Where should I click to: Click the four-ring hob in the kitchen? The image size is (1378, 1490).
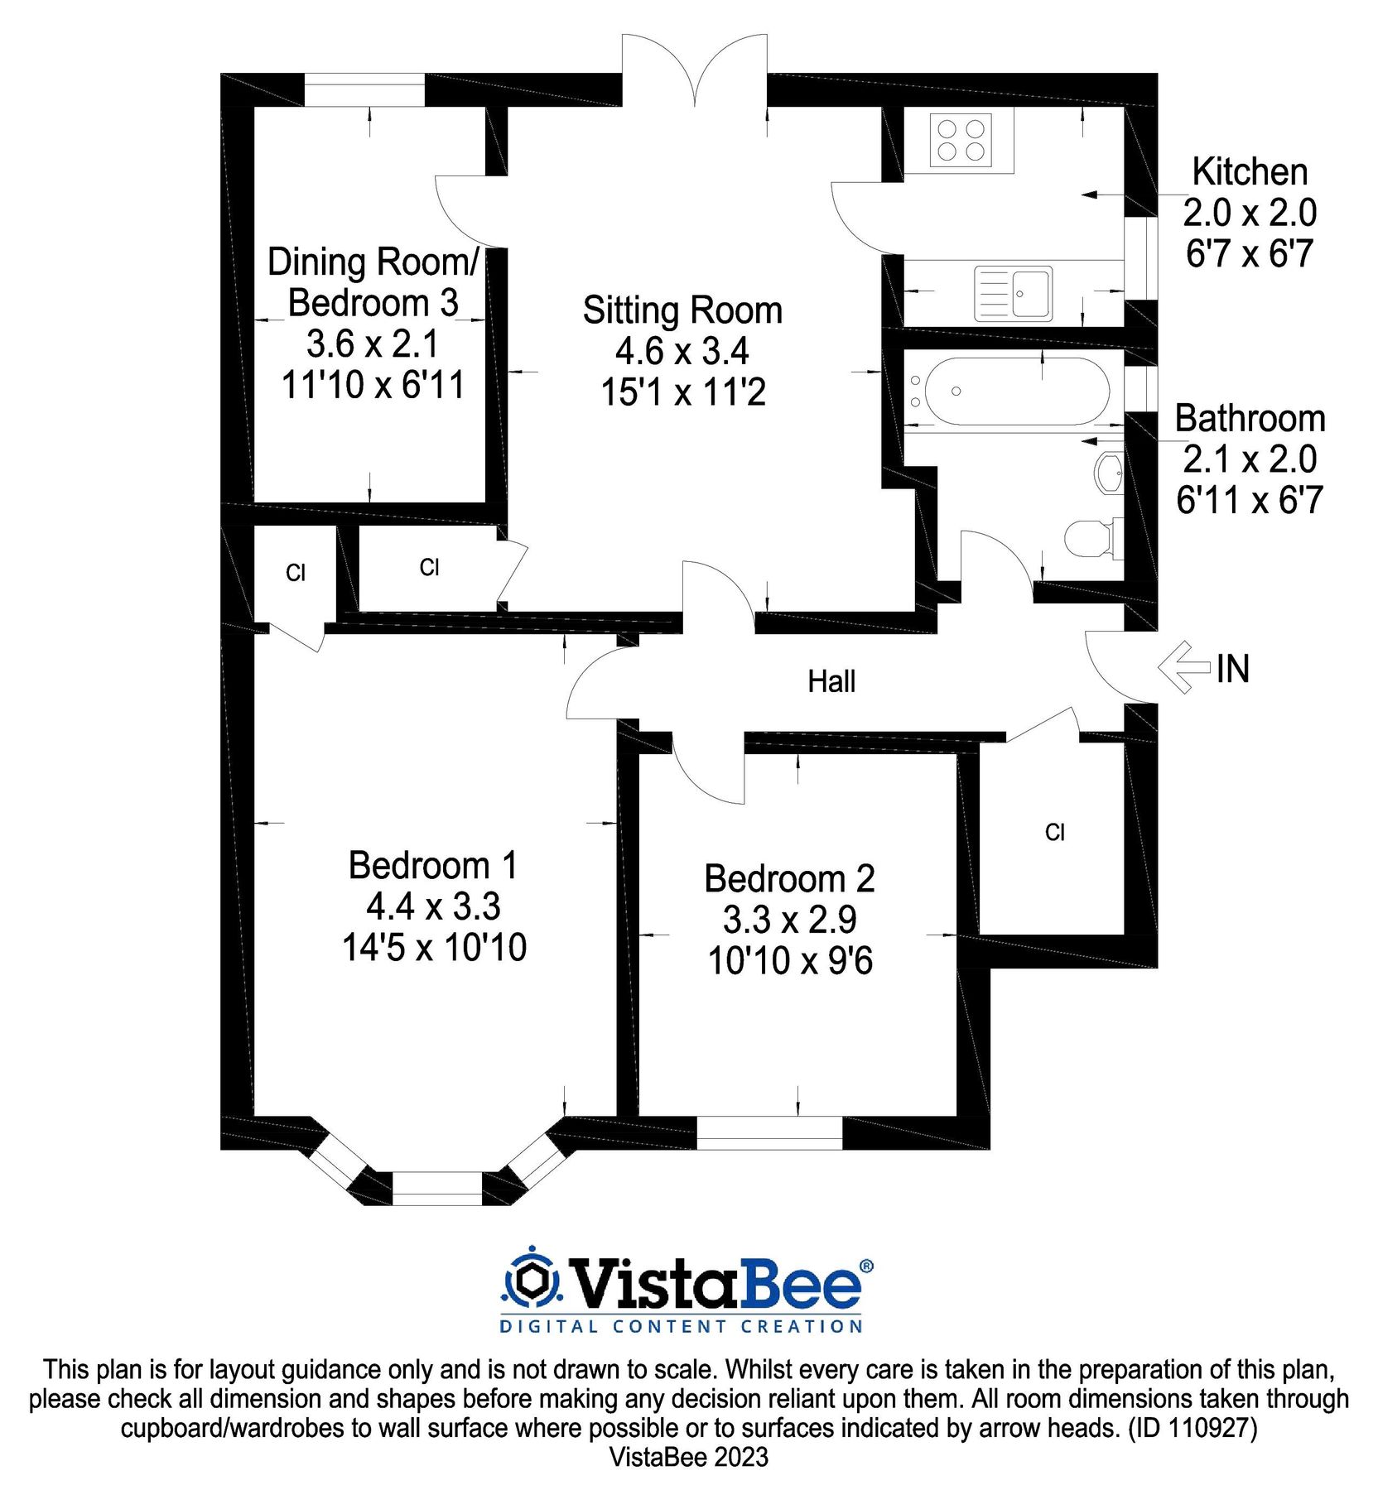[961, 139]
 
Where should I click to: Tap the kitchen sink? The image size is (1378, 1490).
[1013, 293]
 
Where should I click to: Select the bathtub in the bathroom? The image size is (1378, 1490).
[1017, 391]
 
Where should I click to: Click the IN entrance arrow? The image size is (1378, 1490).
[1185, 667]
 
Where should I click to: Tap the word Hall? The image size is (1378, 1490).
[831, 681]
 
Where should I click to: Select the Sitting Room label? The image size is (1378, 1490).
[682, 310]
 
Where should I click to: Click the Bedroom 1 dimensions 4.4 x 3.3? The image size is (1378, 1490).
[433, 906]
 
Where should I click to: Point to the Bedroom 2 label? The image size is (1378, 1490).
[789, 878]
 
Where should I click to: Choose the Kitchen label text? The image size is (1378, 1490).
[1250, 171]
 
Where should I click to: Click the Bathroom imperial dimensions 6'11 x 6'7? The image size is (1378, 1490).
[1250, 500]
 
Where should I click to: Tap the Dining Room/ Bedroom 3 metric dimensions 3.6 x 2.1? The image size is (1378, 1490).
[372, 344]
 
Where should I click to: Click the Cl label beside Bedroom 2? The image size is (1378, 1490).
[1054, 832]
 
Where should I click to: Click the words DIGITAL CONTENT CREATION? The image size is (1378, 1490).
[681, 1327]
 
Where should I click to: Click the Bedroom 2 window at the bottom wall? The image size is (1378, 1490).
[769, 1132]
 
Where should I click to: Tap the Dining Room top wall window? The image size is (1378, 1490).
[364, 89]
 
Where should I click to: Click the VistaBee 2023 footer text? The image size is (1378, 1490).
[689, 1457]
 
